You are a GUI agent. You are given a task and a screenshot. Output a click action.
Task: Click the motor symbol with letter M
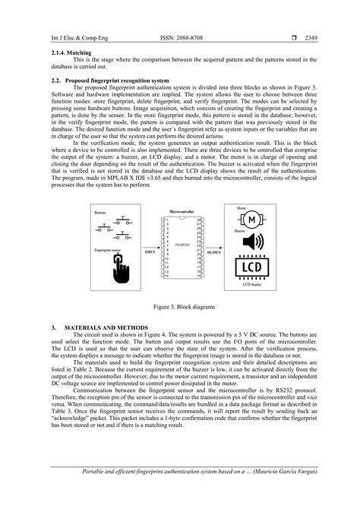[x=253, y=220]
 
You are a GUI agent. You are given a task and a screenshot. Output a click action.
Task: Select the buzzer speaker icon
[x=253, y=243]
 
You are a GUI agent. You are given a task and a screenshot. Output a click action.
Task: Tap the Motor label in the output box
[x=242, y=207]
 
